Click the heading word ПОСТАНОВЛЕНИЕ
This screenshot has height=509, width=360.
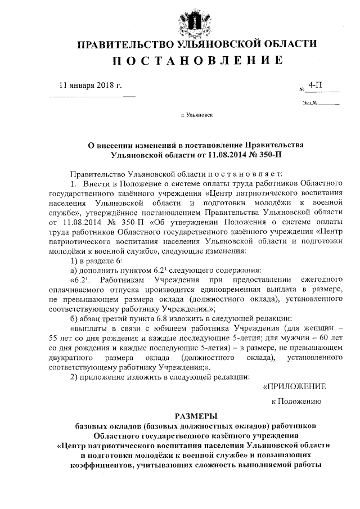pos(195,60)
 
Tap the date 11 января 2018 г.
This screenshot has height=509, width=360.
pos(91,85)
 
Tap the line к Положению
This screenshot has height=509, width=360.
pos(296,402)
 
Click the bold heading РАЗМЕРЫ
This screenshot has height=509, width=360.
pos(195,416)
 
